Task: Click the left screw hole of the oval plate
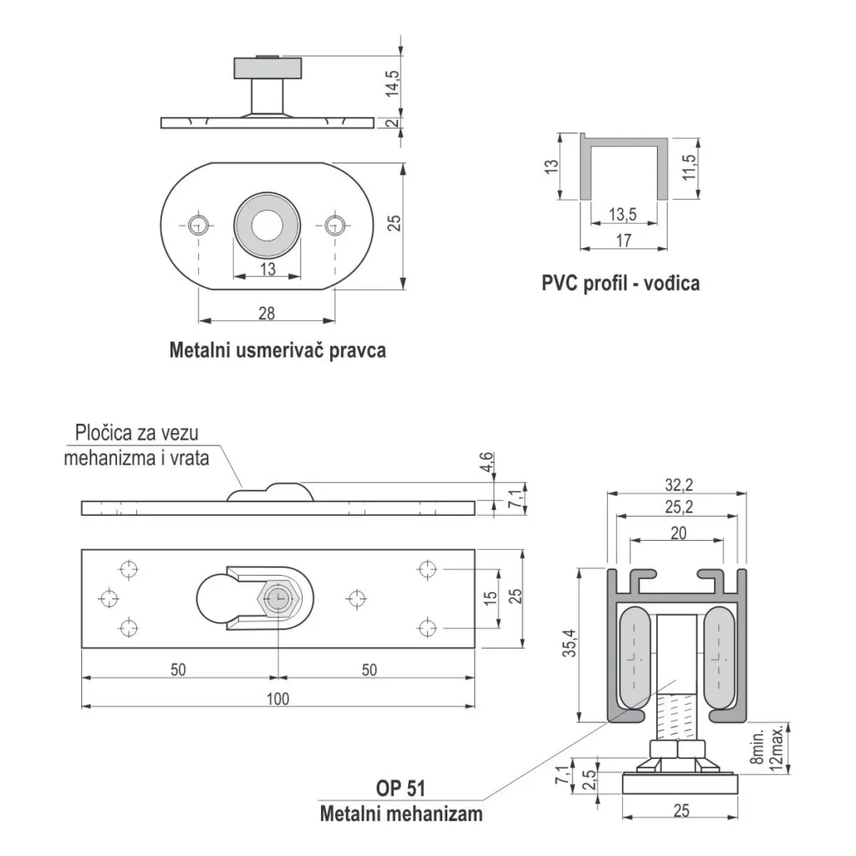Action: [198, 224]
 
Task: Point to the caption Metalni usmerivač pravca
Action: [278, 349]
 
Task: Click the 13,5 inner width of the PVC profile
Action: [623, 215]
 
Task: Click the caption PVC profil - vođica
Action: [620, 283]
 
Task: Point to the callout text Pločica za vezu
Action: [137, 433]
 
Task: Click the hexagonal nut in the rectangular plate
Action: [278, 599]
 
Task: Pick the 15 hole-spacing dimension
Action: [491, 599]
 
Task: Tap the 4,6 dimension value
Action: [487, 463]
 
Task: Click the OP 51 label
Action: [402, 789]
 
